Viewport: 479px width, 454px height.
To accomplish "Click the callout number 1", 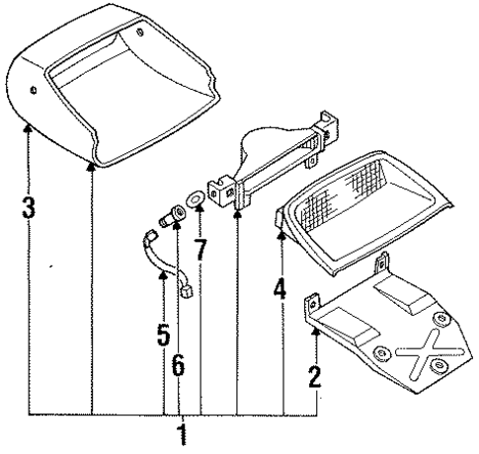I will point(181,434).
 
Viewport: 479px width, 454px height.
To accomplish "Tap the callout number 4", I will point(280,290).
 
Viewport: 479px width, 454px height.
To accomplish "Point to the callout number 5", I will point(163,336).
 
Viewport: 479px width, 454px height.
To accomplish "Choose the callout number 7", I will point(201,249).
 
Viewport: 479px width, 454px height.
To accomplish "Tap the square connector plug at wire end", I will point(185,291).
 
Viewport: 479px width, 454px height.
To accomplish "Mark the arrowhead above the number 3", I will point(30,131).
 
